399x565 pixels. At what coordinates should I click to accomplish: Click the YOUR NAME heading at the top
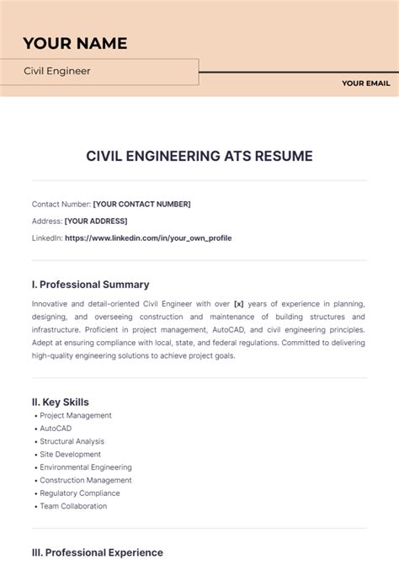pos(75,43)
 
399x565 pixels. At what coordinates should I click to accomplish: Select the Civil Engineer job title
pos(57,72)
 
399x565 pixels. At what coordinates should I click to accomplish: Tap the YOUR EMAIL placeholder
pos(364,83)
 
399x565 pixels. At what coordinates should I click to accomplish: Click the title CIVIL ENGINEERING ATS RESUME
pos(199,156)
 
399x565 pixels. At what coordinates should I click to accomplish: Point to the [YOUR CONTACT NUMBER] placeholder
pos(141,204)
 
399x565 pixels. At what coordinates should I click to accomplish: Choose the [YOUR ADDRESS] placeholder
pos(96,221)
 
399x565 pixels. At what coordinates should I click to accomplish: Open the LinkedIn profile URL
pos(147,238)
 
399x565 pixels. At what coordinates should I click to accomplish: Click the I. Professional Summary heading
pos(90,285)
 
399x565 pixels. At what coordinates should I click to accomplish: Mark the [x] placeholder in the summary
pos(238,303)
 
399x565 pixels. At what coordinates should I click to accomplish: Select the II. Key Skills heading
pos(60,402)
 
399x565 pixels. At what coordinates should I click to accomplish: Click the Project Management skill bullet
pos(76,416)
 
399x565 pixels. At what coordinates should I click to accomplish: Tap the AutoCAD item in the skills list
pos(56,429)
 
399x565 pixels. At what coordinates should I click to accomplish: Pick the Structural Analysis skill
pos(72,441)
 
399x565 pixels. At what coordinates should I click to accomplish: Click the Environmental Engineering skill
pos(86,467)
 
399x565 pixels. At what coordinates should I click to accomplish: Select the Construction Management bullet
pos(86,480)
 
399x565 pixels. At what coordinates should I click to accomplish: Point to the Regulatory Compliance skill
pos(80,493)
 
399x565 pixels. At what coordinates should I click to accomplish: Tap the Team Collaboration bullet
pos(73,506)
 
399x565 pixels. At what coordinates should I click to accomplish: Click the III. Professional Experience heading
pos(97,552)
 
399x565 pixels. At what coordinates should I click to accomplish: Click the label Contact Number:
pos(61,204)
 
